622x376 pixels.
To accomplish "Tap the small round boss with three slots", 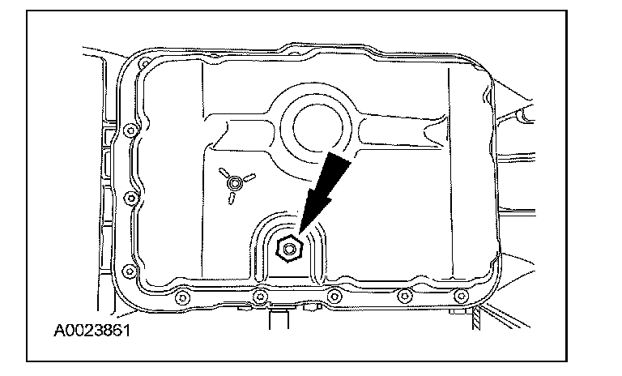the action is tap(234, 185).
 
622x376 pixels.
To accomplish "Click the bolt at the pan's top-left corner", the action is tap(143, 63).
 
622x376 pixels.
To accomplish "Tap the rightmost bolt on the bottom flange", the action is tap(459, 295).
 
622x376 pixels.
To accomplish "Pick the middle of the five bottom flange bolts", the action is tap(332, 296).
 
